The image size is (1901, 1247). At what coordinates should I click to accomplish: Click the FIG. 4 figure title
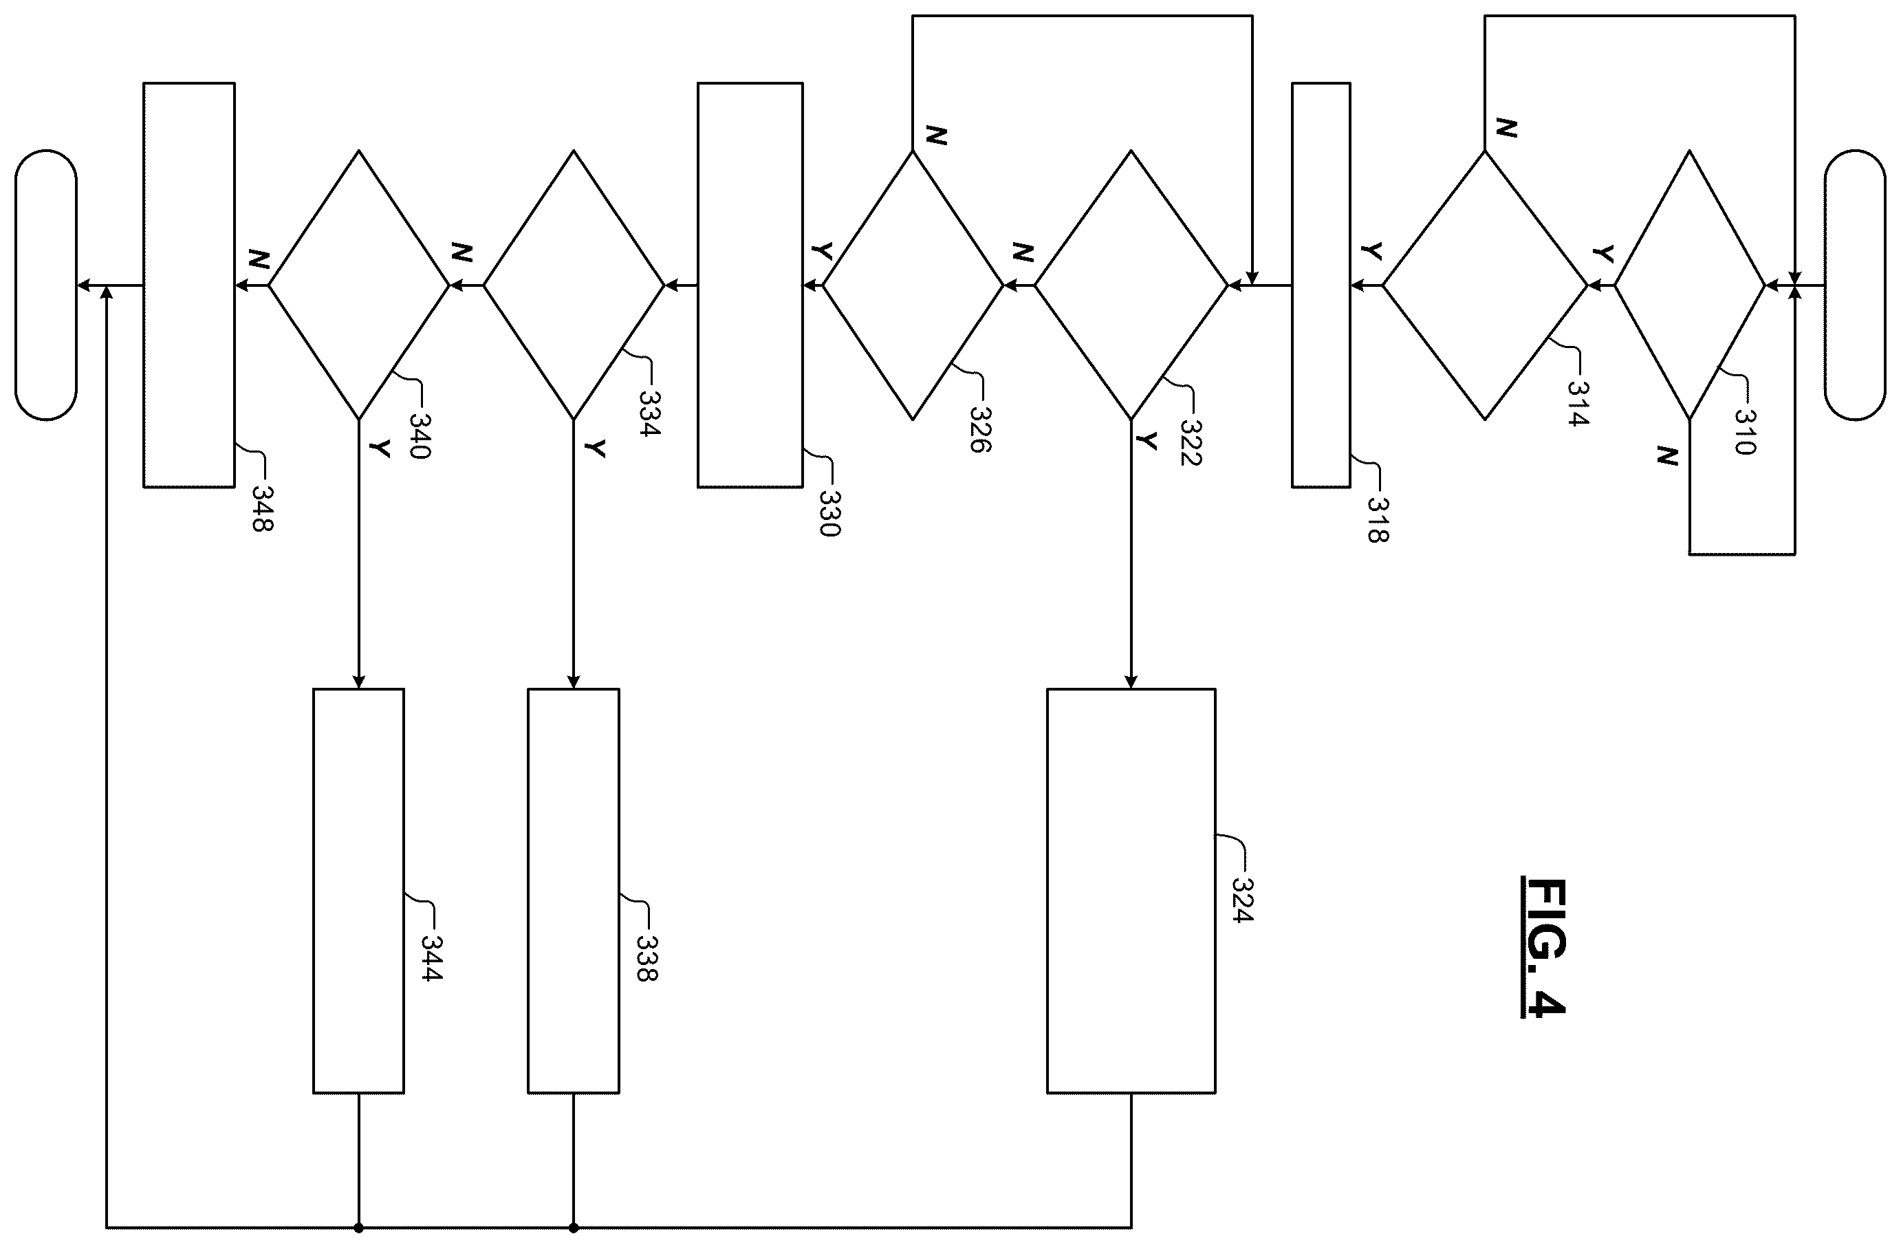(1543, 946)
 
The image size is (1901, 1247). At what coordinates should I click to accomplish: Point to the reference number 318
(1377, 520)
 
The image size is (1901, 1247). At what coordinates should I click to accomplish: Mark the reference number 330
(830, 514)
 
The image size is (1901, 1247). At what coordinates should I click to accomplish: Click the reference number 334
(650, 412)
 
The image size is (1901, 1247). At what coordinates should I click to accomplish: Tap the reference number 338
(647, 958)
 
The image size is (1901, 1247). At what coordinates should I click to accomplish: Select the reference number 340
(420, 435)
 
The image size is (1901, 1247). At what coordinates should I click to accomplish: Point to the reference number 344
(431, 958)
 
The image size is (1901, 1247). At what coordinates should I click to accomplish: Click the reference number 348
(263, 509)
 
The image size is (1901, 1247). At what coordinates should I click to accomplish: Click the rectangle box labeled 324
(1131, 891)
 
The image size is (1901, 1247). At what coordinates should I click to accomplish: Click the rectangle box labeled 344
(358, 891)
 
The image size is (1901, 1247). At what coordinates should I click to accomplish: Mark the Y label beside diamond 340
(381, 448)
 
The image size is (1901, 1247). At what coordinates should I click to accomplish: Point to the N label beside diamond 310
(1667, 456)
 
